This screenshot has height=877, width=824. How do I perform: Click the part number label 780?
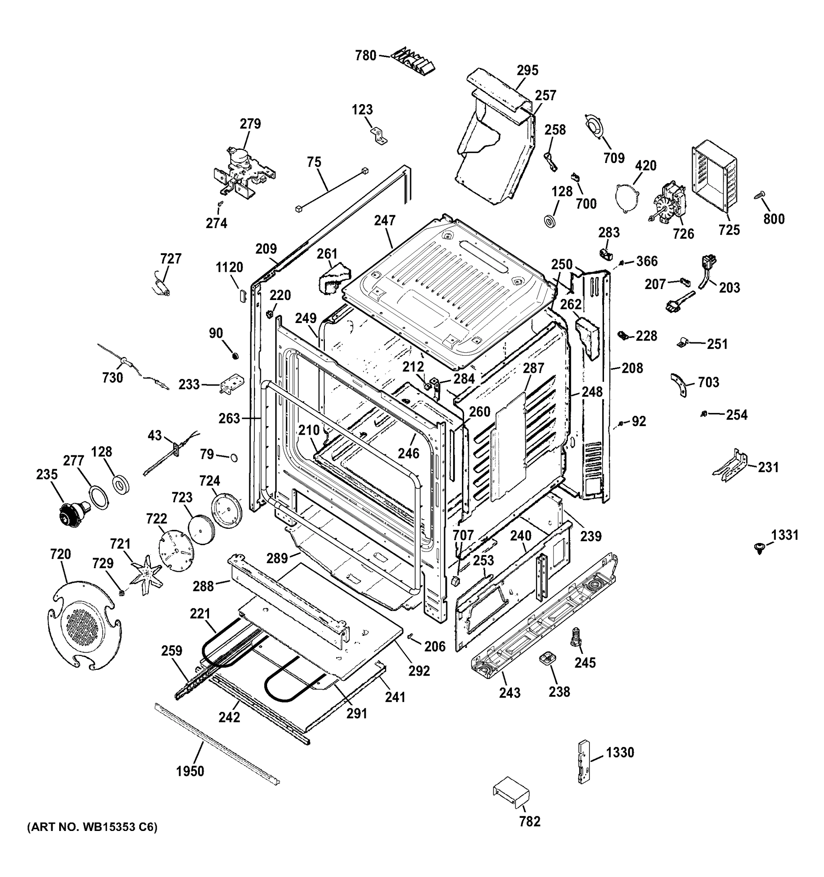tap(366, 56)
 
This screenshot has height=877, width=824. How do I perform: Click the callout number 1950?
tap(190, 771)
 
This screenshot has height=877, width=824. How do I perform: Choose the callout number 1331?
tap(785, 536)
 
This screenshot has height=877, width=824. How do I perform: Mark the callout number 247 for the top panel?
tap(385, 221)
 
